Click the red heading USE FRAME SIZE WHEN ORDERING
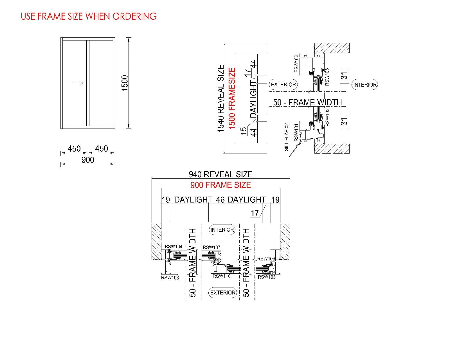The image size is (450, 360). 89,16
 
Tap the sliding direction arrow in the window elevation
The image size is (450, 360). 76,83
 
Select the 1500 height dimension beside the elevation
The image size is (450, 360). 125,83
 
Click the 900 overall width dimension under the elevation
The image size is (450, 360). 88,160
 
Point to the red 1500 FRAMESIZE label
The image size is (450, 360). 232,98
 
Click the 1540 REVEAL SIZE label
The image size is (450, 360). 221,98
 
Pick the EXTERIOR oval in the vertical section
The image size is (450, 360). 283,84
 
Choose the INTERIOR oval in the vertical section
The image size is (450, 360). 365,84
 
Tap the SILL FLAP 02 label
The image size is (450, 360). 287,137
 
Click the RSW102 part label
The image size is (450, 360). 296,64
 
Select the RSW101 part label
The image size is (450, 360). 296,132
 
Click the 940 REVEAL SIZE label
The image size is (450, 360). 220,174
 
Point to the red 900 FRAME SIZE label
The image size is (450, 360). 220,185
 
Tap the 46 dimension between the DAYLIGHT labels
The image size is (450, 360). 220,200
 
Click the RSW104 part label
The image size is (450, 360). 174,247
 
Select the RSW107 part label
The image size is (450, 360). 211,247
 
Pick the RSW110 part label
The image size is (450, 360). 222,276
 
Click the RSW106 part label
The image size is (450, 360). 266,259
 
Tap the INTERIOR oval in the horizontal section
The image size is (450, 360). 222,230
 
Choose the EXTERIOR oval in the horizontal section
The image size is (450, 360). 223,292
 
